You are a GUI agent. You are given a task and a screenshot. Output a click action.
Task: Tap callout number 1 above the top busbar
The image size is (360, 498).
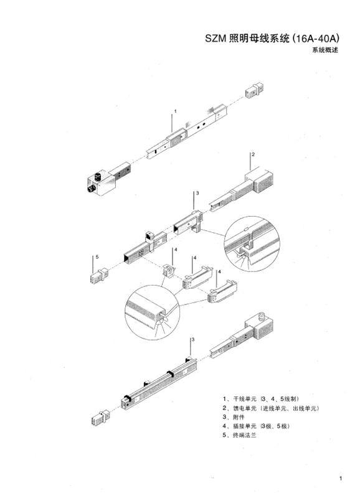pos(175,111)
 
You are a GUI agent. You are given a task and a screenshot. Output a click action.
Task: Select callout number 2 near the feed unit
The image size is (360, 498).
pos(253,154)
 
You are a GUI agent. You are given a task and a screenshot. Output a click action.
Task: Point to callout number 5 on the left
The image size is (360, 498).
pos(97,257)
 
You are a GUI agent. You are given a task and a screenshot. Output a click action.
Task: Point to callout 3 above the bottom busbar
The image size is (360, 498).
pos(194,340)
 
